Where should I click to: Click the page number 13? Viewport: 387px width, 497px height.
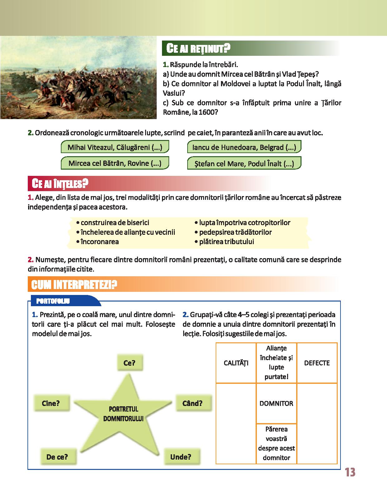350,472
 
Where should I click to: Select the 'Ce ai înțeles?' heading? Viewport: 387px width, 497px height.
58,183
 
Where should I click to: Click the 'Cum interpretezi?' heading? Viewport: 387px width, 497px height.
74,284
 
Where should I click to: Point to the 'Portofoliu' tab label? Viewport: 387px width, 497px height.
53,301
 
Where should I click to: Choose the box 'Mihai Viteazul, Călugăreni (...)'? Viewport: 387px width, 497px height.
115,147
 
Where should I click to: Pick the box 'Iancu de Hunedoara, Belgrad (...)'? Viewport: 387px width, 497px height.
244,147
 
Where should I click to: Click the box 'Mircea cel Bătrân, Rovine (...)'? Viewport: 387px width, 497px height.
115,163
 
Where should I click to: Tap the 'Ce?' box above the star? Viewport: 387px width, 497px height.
129,363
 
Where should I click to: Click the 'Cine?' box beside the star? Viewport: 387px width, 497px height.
51,403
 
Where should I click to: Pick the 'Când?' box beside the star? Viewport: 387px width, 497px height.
192,403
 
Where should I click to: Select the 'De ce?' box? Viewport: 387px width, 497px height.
57,457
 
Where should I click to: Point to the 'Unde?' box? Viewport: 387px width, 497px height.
181,457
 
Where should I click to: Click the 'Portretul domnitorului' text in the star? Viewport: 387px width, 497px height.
123,414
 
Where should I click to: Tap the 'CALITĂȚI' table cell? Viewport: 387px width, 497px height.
236,363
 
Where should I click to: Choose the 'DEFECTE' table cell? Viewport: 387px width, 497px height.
317,363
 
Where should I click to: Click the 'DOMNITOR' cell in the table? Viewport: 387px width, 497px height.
276,403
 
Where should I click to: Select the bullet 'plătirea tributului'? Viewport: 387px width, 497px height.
227,242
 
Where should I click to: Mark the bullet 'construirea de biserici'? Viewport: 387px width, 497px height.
115,223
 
